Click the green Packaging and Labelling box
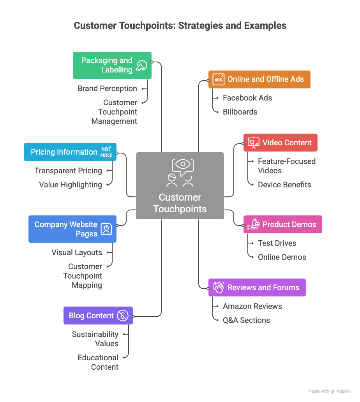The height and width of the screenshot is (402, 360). tap(112, 65)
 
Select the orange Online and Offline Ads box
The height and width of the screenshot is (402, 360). tap(259, 79)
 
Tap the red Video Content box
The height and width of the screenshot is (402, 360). tap(280, 143)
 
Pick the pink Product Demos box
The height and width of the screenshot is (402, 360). tap(282, 224)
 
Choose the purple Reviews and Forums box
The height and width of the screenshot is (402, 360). tap(257, 287)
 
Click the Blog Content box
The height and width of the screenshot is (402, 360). tap(98, 316)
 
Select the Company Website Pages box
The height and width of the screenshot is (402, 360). tap(72, 229)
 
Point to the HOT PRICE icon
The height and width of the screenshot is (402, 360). tap(106, 152)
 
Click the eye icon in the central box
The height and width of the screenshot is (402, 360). tap(182, 164)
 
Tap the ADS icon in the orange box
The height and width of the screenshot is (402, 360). tap(219, 79)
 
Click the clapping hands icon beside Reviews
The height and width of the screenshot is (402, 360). tap(219, 287)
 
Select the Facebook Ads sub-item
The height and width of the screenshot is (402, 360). tap(247, 98)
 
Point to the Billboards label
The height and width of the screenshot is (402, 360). tap(240, 112)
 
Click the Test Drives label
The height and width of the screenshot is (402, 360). tap(277, 243)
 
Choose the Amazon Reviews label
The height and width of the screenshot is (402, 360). tap(252, 306)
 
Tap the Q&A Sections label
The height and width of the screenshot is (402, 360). tap(246, 320)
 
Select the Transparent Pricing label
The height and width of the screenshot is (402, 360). tap(68, 171)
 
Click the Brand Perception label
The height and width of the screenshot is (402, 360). tap(107, 88)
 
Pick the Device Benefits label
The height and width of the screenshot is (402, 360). tap(284, 185)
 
